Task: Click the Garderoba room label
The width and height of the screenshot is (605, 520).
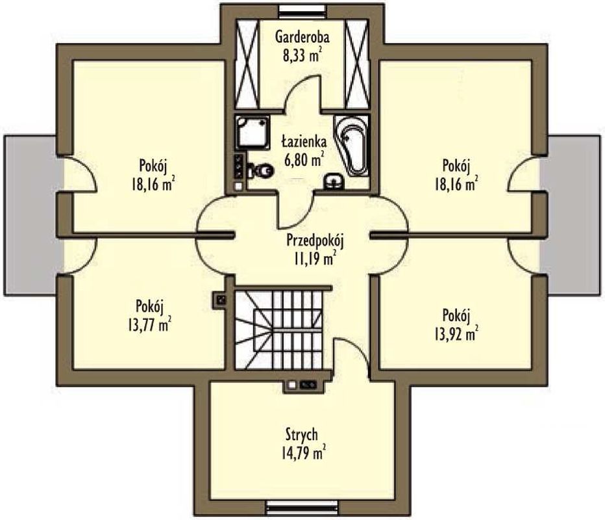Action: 302,38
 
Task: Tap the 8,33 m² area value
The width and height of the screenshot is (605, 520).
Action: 302,55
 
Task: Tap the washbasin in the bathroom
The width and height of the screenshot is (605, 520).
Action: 334,181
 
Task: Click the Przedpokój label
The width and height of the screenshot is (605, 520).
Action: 315,240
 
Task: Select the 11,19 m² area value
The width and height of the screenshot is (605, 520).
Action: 314,258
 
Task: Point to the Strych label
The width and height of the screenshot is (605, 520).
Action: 302,434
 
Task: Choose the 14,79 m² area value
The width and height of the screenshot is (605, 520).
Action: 303,452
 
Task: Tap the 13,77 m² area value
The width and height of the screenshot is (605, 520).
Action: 149,324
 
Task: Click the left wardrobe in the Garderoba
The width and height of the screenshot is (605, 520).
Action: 247,63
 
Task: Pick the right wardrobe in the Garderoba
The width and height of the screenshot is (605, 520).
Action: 356,63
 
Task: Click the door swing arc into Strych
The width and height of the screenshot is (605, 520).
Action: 355,346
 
